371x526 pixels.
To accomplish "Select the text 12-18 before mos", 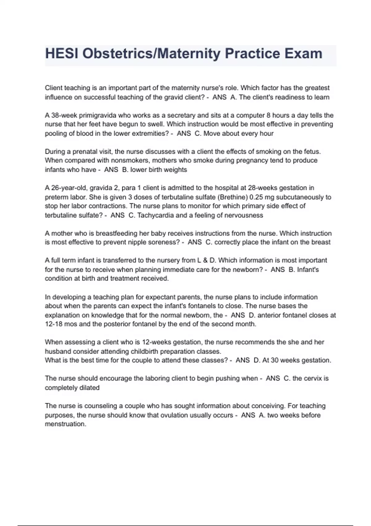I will (54, 324).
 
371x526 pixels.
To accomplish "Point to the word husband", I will (57, 351).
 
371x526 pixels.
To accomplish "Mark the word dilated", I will (89, 388).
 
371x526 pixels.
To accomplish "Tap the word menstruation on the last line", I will (66, 424).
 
